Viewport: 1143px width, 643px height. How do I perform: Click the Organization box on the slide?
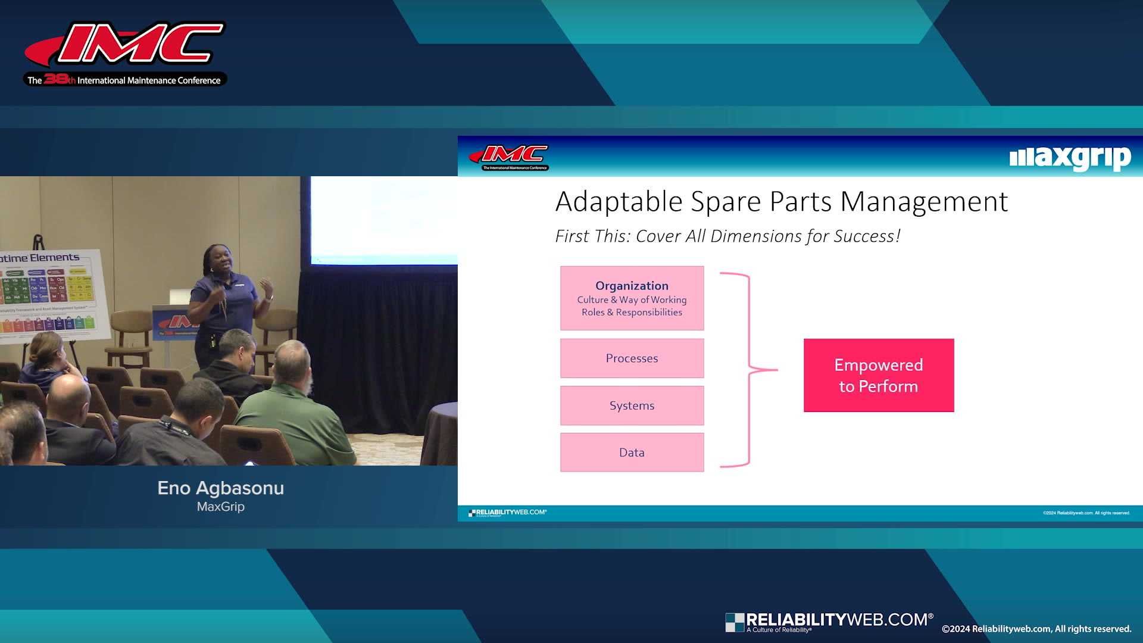pyautogui.click(x=632, y=298)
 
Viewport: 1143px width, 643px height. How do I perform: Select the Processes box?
pyautogui.click(x=632, y=358)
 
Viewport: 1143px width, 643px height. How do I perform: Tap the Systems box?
pyautogui.click(x=632, y=405)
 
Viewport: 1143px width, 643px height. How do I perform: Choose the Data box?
pyautogui.click(x=632, y=452)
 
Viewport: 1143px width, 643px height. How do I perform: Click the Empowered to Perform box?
pyautogui.click(x=879, y=375)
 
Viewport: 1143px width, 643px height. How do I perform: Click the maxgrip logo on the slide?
pyautogui.click(x=1070, y=158)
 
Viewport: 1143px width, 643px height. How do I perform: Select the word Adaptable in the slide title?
pyautogui.click(x=619, y=202)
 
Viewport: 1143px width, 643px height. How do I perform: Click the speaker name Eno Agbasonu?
pyautogui.click(x=220, y=488)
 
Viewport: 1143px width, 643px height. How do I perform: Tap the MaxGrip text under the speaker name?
pyautogui.click(x=220, y=507)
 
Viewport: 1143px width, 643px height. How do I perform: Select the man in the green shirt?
pyautogui.click(x=292, y=405)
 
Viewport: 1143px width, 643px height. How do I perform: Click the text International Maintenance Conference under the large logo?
pyautogui.click(x=149, y=80)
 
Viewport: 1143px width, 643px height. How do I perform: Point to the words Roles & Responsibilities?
pyautogui.click(x=632, y=313)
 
